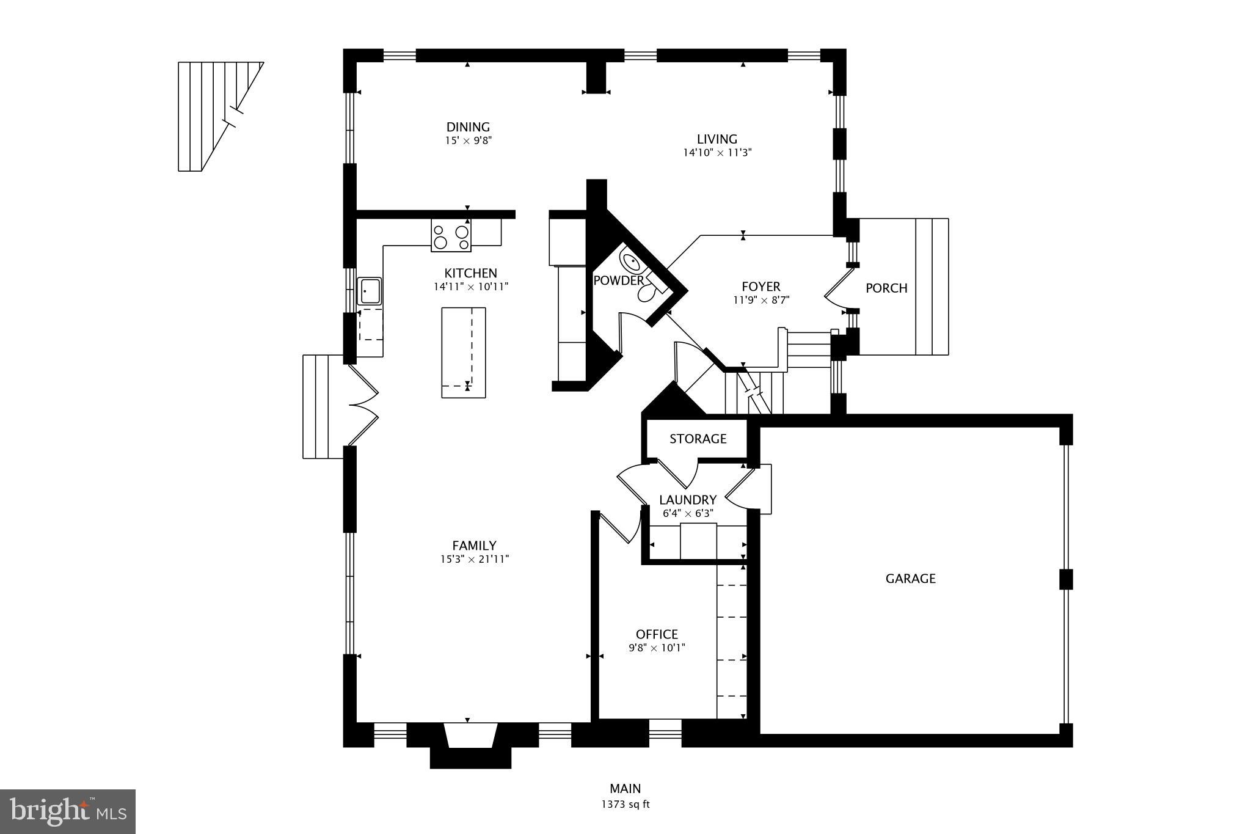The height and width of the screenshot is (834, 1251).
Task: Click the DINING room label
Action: [468, 127]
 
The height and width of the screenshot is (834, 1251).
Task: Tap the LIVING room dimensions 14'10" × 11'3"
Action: [717, 152]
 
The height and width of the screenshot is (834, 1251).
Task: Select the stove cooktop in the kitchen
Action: [451, 237]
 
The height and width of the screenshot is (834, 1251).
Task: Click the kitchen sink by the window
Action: [369, 291]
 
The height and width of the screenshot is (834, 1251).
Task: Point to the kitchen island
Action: [463, 353]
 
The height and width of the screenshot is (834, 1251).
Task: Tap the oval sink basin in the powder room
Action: [631, 263]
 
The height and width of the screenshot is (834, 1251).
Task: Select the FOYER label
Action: [760, 287]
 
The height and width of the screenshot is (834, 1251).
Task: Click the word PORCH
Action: [886, 288]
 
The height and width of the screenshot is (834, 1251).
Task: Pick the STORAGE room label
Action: [698, 439]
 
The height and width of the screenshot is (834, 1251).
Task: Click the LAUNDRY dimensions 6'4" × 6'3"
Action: [688, 513]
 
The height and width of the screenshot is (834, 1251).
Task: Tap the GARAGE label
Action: [910, 579]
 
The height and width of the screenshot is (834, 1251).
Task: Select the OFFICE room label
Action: [657, 634]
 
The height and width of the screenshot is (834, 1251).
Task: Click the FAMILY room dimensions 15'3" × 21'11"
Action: [474, 558]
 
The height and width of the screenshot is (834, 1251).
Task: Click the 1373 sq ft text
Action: [625, 805]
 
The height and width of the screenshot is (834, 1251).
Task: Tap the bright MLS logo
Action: [68, 811]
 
